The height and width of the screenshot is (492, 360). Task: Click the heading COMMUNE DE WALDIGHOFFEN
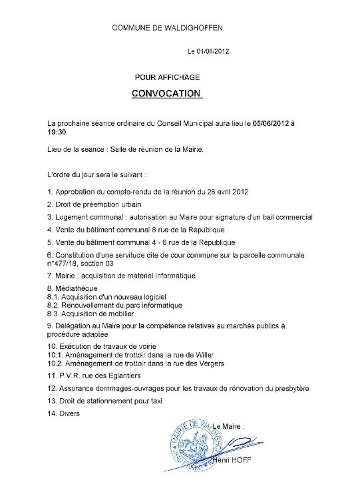167,28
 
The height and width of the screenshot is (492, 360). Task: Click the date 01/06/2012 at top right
213,51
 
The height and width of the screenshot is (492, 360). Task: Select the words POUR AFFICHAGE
167,77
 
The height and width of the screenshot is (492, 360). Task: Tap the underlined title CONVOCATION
166,93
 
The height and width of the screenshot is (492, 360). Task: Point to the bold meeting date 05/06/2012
271,124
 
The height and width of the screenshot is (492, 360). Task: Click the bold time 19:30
57,132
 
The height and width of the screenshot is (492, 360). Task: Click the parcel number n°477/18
62,264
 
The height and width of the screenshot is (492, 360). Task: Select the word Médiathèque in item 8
76,289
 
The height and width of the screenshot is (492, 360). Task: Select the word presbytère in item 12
292,389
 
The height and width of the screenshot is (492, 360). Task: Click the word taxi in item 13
156,401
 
